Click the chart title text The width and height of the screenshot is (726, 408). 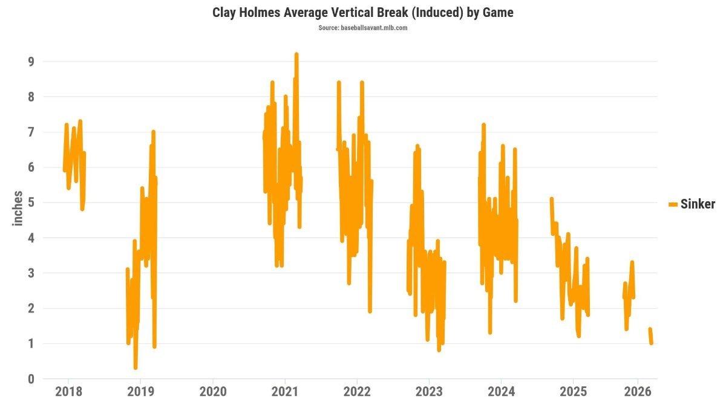[362, 13]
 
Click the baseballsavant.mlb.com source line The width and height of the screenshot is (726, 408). [362, 28]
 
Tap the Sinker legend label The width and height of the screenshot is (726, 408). [698, 204]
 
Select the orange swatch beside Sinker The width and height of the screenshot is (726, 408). [673, 204]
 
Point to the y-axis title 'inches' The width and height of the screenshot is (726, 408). [18, 208]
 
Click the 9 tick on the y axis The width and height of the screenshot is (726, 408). [31, 62]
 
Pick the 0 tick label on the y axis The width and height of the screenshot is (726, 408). [31, 379]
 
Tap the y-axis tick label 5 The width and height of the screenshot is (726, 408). [31, 202]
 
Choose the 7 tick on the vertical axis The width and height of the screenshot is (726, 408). [31, 132]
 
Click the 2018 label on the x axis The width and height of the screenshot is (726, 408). [69, 392]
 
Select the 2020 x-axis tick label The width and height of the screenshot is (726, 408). [213, 392]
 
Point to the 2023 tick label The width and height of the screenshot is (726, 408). [429, 392]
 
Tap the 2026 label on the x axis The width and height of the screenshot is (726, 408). [638, 392]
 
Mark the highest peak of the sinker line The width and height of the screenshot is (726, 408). [296, 54]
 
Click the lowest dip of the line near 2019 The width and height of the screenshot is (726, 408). [135, 368]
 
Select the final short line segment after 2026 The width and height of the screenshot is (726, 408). [650, 336]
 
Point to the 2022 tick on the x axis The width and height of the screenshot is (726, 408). [357, 392]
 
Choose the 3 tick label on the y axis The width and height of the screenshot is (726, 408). [31, 273]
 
